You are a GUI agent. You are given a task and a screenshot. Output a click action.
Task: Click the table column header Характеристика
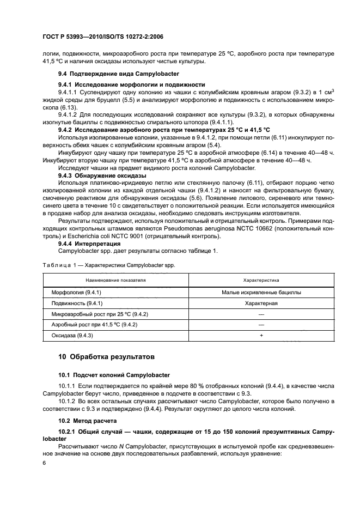click(x=261, y=280)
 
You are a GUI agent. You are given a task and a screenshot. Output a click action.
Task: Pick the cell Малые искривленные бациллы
click(x=261, y=292)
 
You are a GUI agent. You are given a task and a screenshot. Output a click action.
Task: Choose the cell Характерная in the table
click(x=261, y=303)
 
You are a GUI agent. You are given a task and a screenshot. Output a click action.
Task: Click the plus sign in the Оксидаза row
click(x=261, y=336)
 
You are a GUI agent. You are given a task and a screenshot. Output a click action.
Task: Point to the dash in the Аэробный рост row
click(x=261, y=325)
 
